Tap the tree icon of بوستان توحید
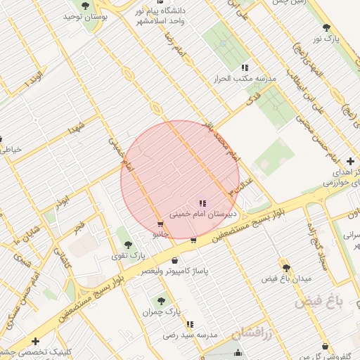[85, 6]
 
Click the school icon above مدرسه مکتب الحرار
[244, 67]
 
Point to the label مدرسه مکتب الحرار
[244, 78]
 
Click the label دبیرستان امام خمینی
[203, 212]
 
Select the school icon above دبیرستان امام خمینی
[203, 202]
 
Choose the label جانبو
[161, 233]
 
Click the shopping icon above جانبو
[161, 224]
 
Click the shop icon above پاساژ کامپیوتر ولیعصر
[174, 261]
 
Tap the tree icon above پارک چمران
[162, 301]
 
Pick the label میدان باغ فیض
[287, 278]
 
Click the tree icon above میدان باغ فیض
[286, 268]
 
